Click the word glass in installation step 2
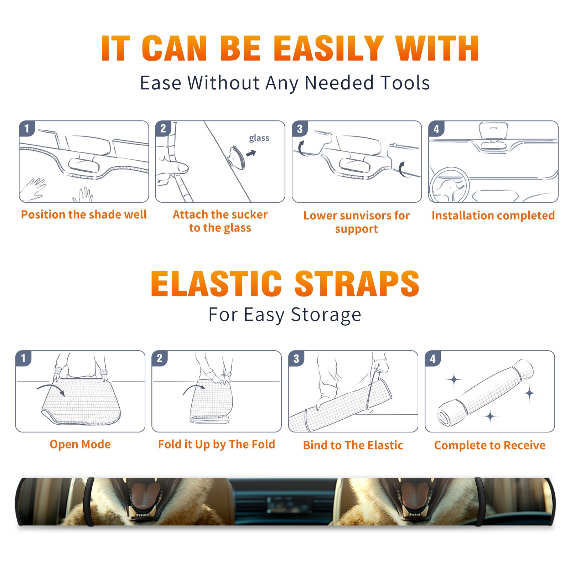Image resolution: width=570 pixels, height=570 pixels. [259, 138]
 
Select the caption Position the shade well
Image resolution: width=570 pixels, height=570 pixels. [84, 214]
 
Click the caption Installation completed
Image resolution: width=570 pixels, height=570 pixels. [493, 216]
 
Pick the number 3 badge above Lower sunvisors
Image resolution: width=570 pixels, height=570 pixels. [300, 129]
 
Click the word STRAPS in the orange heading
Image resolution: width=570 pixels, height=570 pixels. [357, 284]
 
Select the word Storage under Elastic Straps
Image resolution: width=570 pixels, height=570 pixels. [326, 315]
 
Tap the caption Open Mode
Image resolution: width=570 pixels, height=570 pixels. [80, 444]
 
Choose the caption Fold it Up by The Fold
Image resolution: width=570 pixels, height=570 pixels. [217, 444]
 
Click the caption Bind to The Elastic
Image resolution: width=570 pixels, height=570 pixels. [353, 445]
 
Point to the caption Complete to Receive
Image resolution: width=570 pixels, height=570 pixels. [490, 445]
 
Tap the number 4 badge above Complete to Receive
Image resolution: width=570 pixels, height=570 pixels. [433, 358]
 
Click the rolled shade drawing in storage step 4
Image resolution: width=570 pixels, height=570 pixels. [485, 393]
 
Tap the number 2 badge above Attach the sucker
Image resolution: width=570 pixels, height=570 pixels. [163, 129]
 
